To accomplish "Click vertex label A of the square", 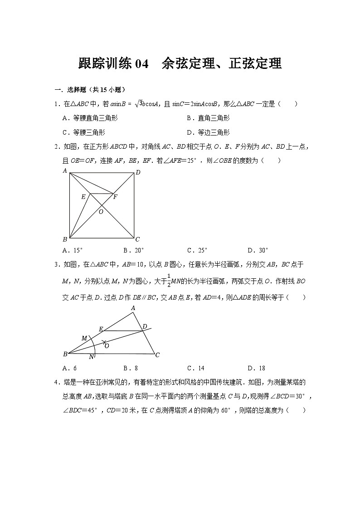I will (65, 170).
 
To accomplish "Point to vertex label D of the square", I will (138, 172).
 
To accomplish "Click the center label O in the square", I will (101, 211).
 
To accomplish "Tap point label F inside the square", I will (115, 197).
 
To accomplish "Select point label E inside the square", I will (83, 197).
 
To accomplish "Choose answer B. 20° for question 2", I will (133, 250).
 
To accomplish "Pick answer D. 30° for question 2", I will (258, 250).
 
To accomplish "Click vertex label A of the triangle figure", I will (133, 308).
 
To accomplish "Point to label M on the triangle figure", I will (84, 338).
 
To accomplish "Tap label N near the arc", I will (91, 357).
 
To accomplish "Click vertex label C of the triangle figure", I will (157, 355).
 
